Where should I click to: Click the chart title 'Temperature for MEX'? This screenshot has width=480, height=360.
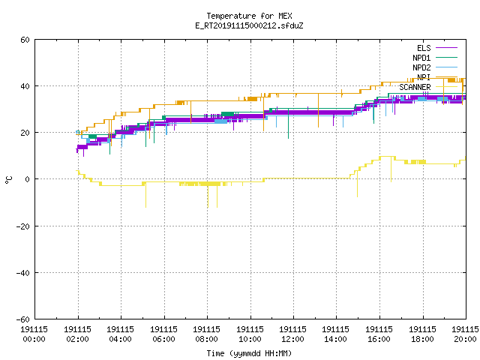(x=249, y=16)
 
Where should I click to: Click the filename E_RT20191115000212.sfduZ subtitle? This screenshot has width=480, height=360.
(x=249, y=25)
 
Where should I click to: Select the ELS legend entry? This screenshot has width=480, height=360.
(x=437, y=48)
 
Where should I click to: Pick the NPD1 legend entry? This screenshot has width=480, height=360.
(x=435, y=58)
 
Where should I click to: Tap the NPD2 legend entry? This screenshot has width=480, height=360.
(x=435, y=67)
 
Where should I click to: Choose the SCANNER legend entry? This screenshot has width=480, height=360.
(x=428, y=87)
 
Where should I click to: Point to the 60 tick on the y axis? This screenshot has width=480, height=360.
(x=25, y=40)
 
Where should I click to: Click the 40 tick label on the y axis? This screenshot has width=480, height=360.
(x=25, y=86)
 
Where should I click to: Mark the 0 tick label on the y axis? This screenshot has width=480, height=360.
(x=27, y=179)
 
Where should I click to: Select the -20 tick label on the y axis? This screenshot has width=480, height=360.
(x=23, y=226)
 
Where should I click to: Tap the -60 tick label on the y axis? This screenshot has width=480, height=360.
(x=23, y=319)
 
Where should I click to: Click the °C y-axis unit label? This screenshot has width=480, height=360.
(x=8, y=180)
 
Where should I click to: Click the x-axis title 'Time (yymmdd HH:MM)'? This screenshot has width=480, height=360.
(x=249, y=353)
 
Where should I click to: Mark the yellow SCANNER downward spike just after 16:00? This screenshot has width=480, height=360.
(x=391, y=169)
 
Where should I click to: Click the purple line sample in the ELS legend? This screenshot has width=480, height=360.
(x=447, y=48)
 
